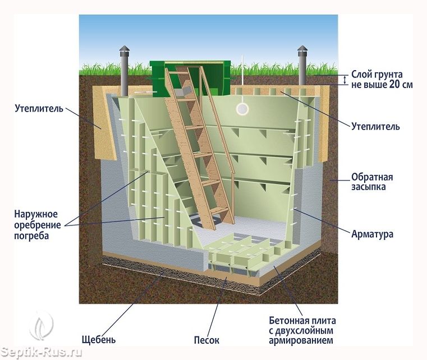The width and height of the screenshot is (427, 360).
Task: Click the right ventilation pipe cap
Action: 303,49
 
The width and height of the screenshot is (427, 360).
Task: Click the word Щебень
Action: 99,340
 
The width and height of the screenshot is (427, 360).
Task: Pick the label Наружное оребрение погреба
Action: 37,225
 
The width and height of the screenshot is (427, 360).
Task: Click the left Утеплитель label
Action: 39,108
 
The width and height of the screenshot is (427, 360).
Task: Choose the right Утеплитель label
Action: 375,127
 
